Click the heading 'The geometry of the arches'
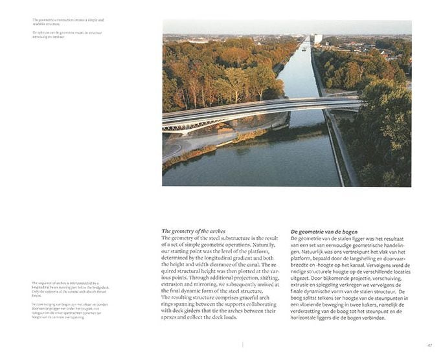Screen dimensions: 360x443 (193, 231)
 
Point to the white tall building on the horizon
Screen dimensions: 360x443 (317, 39)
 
